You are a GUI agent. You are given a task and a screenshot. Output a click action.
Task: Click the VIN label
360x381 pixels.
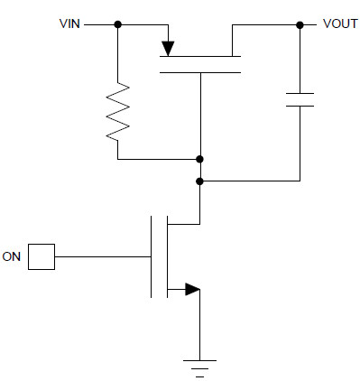(68, 24)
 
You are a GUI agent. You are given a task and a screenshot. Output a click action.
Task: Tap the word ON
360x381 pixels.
(12, 256)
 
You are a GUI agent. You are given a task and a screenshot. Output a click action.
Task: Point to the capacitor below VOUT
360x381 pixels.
(299, 98)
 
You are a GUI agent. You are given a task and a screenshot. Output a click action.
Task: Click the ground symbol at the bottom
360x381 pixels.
(199, 364)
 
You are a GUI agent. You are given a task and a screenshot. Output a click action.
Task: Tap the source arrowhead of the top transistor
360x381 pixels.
(167, 46)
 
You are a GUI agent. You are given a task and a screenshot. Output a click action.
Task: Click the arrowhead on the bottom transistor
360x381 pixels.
(191, 290)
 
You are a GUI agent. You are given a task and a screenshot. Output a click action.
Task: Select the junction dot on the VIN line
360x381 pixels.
(117, 24)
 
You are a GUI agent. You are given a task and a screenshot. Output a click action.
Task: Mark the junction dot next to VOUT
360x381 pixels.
(299, 24)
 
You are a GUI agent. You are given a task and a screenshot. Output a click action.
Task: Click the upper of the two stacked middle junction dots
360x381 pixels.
(199, 160)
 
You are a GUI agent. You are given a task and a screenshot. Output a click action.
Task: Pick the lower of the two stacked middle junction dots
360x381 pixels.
(199, 181)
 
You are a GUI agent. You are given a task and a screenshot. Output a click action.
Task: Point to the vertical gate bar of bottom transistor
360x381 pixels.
(152, 256)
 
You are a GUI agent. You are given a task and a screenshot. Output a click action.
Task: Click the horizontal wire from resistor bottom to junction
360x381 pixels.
(158, 160)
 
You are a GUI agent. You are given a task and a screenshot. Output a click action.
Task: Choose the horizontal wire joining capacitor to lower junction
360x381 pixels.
(249, 181)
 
